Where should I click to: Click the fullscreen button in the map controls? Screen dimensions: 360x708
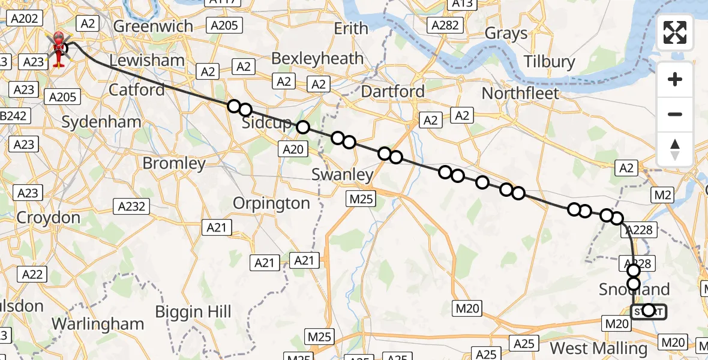[675, 32]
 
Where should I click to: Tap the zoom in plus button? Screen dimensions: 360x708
[675, 79]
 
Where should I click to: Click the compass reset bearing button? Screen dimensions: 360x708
[675, 149]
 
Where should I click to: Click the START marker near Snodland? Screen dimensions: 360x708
[649, 311]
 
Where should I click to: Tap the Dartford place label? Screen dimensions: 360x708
[393, 91]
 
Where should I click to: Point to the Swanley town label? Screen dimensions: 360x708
[343, 175]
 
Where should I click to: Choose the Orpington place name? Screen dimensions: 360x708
[271, 203]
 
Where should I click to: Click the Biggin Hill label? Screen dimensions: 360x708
[193, 312]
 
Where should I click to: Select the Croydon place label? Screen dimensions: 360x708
[49, 217]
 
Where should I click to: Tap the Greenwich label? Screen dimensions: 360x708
[153, 26]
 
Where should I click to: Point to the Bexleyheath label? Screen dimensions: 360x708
[326, 59]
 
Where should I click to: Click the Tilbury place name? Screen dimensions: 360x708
[549, 62]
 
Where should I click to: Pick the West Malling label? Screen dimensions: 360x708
[599, 348]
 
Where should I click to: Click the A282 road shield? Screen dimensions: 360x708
[446, 25]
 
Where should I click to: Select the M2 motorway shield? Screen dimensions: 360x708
[663, 194]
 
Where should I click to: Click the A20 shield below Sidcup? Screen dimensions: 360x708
[293, 149]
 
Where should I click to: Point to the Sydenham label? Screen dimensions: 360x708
[101, 122]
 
